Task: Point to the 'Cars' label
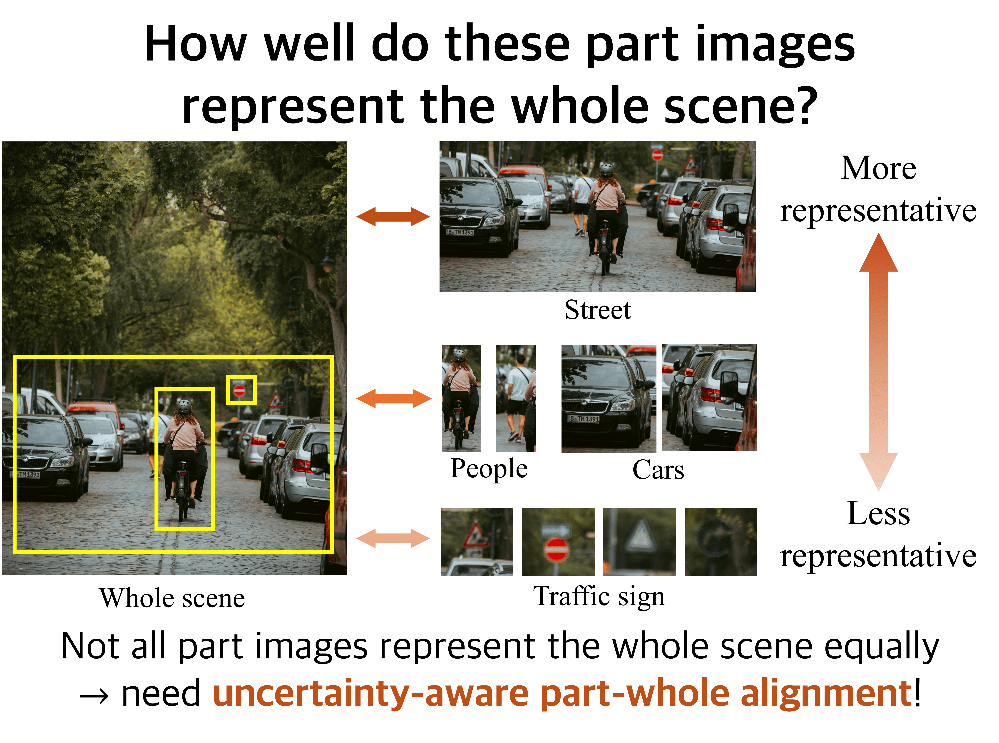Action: click(658, 470)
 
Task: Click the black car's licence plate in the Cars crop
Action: click(584, 419)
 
